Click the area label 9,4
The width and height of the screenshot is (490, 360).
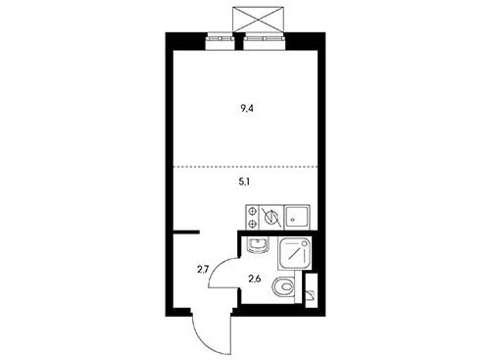247,109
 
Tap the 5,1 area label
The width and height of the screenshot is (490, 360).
244,182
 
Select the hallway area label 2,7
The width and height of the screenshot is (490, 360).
203,270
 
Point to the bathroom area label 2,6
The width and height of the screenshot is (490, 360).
255,280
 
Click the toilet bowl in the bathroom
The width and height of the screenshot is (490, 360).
283,287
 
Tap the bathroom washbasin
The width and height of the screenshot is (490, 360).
258,245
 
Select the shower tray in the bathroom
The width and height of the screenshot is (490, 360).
294,254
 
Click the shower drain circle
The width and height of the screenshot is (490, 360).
304,243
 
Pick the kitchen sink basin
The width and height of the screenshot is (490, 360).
296,217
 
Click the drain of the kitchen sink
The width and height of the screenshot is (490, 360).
293,220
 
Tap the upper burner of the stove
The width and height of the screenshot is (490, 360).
252,211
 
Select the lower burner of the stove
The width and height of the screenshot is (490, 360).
252,224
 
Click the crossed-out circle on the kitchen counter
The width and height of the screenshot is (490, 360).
271,218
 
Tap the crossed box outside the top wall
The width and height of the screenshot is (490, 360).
257,20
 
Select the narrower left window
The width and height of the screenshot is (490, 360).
220,41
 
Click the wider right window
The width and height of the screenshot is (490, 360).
265,41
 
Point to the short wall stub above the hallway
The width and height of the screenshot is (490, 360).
186,232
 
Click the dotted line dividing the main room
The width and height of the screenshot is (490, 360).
245,167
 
